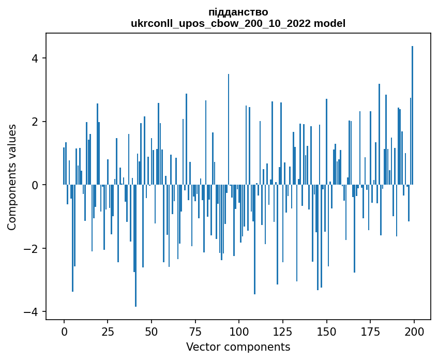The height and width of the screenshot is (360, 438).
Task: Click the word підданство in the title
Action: point(238,12)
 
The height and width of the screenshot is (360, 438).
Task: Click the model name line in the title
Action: point(238,23)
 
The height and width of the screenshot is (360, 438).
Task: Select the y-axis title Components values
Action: point(12,177)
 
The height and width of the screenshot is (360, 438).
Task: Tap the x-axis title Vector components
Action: point(238,347)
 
